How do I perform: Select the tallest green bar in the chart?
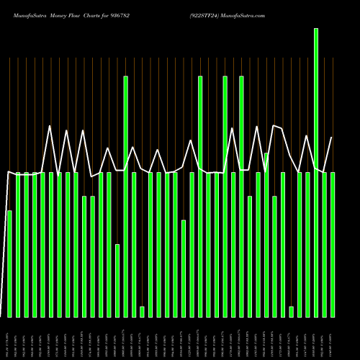point(316,173)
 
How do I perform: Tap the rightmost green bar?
point(333,245)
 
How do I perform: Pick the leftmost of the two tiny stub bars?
point(142,312)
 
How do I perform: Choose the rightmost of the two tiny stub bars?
point(291,312)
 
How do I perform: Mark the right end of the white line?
point(331,138)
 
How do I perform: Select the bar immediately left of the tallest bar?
point(307,245)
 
